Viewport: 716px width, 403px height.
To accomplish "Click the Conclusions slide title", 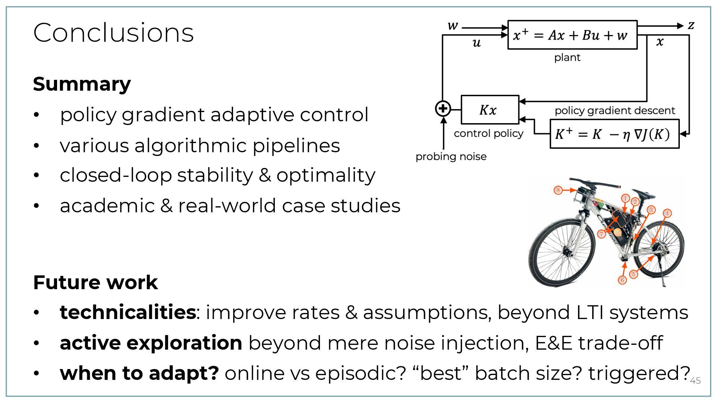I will click(x=113, y=32).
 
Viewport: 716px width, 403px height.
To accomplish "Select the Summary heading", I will click(x=82, y=84).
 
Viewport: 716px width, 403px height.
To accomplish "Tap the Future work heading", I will click(x=95, y=282).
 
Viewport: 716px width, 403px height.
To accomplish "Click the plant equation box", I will click(x=572, y=35).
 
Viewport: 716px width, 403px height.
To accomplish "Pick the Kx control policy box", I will click(x=490, y=110).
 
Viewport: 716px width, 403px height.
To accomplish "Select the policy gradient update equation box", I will click(x=614, y=134).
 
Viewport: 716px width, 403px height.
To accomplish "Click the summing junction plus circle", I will click(x=443, y=109).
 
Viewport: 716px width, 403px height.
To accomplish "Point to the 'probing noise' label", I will click(x=451, y=156).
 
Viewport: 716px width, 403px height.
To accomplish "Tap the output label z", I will click(x=691, y=25).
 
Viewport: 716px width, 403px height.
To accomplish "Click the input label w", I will click(x=452, y=26).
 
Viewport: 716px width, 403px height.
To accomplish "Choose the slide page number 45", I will click(x=695, y=381).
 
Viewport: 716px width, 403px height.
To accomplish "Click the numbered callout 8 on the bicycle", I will click(x=558, y=190).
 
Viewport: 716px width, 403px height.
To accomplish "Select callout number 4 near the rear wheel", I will click(x=667, y=213).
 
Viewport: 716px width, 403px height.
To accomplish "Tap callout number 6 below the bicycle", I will click(x=622, y=280).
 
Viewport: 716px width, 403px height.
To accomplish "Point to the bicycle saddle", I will click(x=644, y=194).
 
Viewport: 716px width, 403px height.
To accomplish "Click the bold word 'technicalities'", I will click(x=128, y=312).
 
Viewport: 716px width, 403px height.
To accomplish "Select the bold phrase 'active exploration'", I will click(x=151, y=343).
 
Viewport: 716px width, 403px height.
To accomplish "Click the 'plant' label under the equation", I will click(x=567, y=57).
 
